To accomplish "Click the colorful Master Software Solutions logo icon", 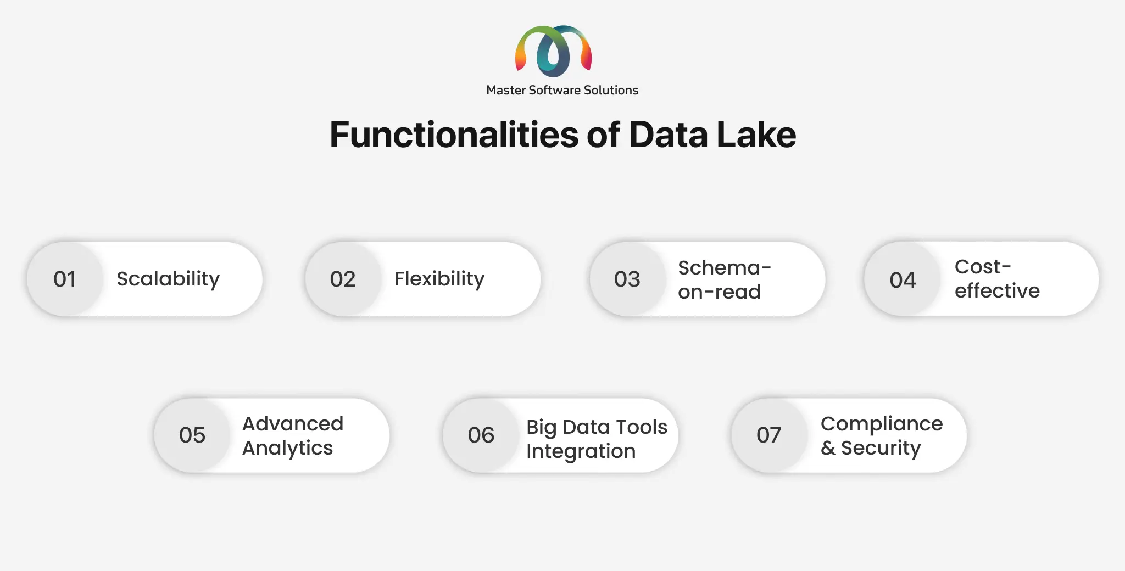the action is pos(553,51).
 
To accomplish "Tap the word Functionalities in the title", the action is pos(454,135).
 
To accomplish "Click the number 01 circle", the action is pos(65,279).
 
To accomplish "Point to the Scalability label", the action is pos(168,279).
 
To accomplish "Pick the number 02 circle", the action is pos(343,279).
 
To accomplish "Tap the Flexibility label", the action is pos(439,279).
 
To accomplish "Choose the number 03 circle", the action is pos(627,279).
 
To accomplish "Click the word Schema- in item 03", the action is pos(725,268).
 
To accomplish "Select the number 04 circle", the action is pos(903,279).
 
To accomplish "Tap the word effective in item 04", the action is pos(997,290).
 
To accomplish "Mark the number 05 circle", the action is pos(192,435).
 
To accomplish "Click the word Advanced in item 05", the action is pos(293,424).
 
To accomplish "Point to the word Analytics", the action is pos(287,448).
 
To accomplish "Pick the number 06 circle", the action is pos(481,435).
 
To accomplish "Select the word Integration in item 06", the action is pos(581,451).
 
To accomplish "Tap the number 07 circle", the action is pos(768,435).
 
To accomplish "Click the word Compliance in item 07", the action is pos(882,424).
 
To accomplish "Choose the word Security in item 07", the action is pos(881,448).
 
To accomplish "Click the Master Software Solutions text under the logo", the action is pos(562,90).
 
